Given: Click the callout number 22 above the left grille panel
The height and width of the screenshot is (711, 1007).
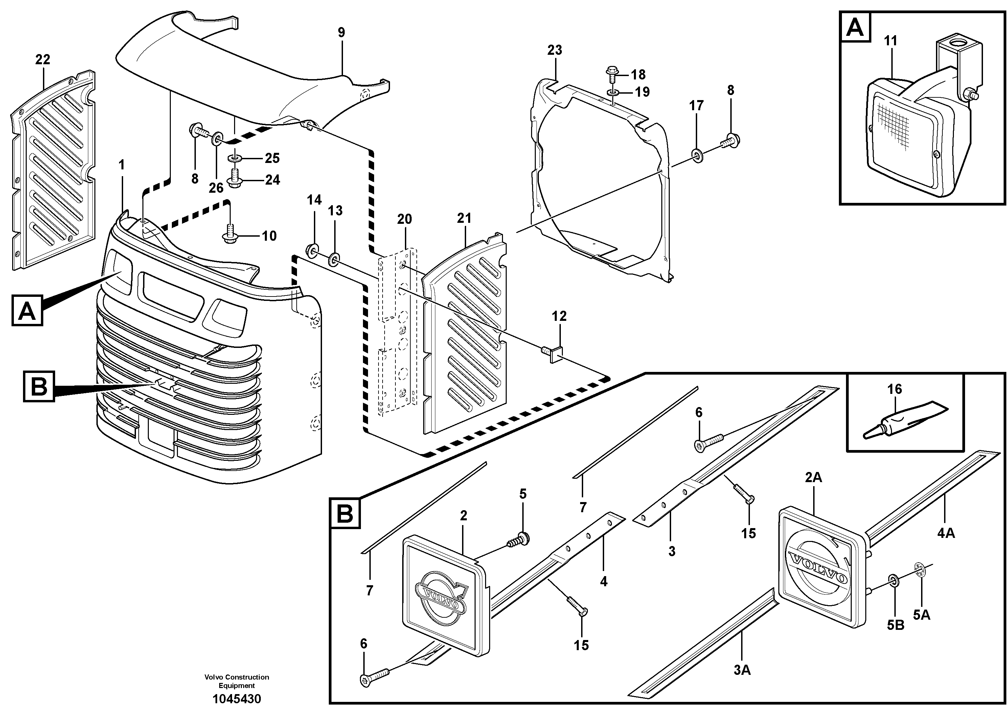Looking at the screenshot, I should (43, 59).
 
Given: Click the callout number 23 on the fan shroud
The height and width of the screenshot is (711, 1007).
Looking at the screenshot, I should (554, 50).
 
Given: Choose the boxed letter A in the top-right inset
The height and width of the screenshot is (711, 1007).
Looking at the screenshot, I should (855, 28).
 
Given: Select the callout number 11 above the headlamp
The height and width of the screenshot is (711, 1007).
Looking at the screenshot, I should (890, 41).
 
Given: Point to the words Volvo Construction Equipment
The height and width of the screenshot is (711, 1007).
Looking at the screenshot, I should (237, 682).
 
